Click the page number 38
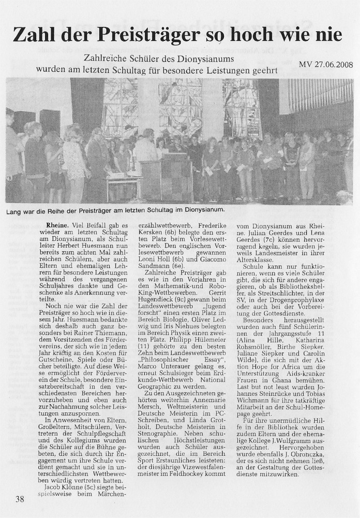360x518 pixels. coord(20,499)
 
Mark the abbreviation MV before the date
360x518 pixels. coord(305,65)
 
